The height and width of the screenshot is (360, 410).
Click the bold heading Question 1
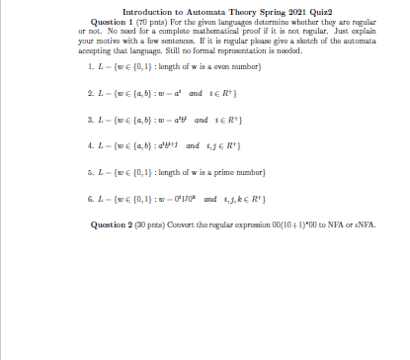[x=114, y=20]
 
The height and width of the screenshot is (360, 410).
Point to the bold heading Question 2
[x=114, y=225]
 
